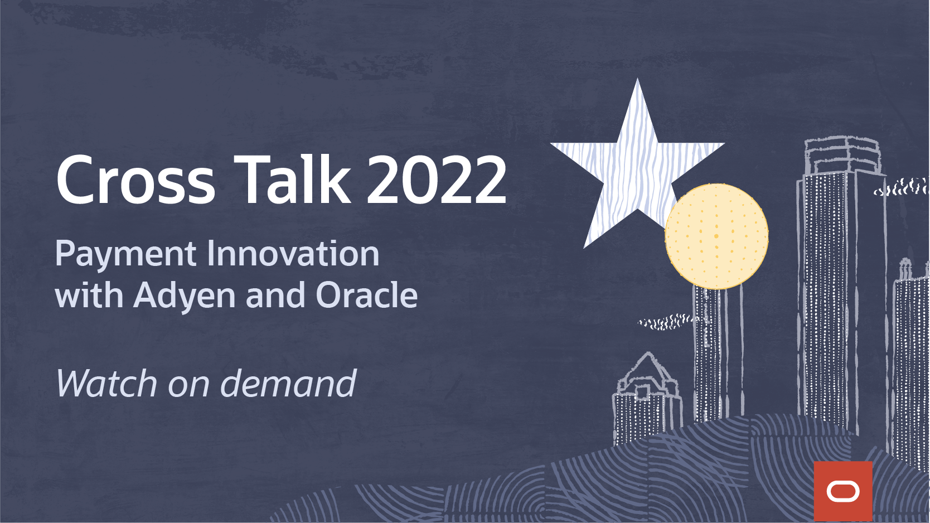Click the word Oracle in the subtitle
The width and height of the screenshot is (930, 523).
point(367,295)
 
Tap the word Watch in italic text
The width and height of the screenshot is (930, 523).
point(106,384)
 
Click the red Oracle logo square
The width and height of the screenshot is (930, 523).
point(843,491)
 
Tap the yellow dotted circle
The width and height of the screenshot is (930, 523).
point(716,236)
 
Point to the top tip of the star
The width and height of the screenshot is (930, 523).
point(637,79)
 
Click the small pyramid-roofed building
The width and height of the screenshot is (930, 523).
point(647,399)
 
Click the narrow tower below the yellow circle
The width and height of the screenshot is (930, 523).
point(718,353)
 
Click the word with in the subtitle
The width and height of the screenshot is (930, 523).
point(89,295)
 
